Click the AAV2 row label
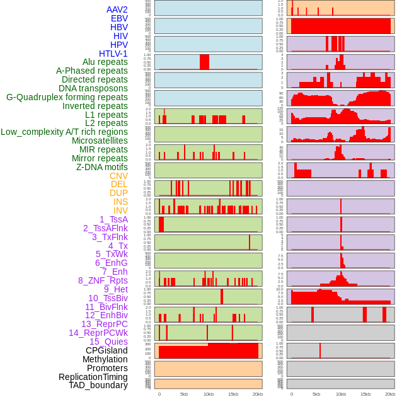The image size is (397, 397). [117, 9]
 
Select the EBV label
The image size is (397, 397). [119, 18]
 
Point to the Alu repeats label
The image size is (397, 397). [105, 62]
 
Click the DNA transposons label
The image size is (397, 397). [93, 89]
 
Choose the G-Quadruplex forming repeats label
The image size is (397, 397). [67, 98]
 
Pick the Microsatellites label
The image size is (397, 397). [100, 141]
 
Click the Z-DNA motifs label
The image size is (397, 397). [101, 167]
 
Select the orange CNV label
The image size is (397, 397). [118, 176]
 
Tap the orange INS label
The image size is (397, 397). [120, 202]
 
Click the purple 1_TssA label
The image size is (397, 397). [113, 219]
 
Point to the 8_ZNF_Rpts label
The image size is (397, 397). [103, 280]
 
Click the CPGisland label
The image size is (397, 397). [106, 350]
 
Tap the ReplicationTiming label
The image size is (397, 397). [93, 377]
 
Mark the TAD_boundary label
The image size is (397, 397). [98, 385]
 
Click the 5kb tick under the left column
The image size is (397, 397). [184, 394]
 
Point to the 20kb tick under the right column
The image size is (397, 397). [390, 394]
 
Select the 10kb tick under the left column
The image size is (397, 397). [209, 394]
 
